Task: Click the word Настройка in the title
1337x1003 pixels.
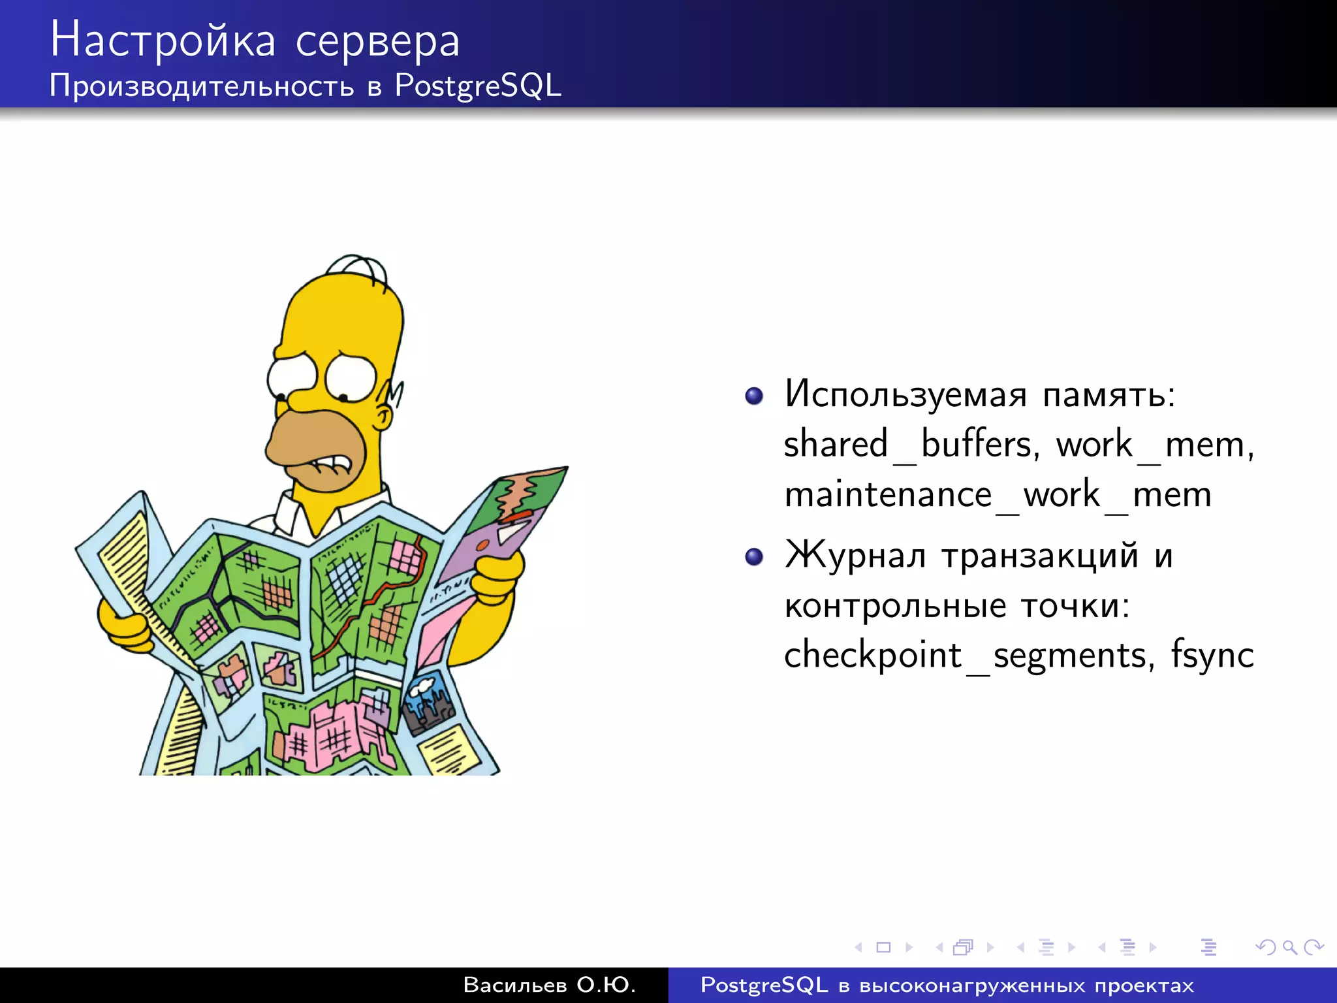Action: [x=163, y=40]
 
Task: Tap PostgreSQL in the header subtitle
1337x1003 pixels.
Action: [x=477, y=86]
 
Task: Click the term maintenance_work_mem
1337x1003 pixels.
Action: [x=997, y=494]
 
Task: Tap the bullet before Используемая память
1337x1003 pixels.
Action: [x=754, y=396]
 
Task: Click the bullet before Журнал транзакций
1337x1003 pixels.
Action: [x=754, y=556]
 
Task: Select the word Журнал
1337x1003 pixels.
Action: [x=855, y=556]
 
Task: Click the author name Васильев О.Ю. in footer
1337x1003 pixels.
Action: [x=549, y=985]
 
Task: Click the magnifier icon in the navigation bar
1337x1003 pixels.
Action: [x=1289, y=947]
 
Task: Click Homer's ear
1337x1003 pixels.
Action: [x=385, y=415]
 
